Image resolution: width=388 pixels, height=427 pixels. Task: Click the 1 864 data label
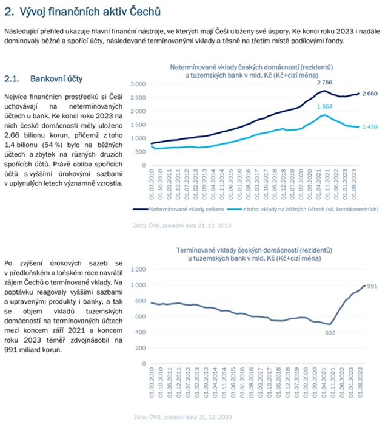pyautogui.click(x=325, y=106)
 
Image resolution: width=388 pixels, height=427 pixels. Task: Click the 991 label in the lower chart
pyautogui.click(x=372, y=285)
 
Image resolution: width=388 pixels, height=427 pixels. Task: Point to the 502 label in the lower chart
pyautogui.click(x=330, y=333)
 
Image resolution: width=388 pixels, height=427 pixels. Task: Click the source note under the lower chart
pyautogui.click(x=181, y=417)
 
